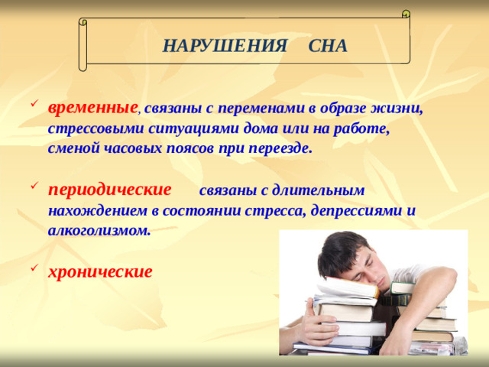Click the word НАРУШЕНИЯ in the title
click(x=225, y=45)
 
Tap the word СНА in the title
click(x=328, y=45)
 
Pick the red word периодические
click(x=109, y=189)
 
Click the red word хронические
click(x=100, y=271)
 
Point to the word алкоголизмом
click(x=99, y=229)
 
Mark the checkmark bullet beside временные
click(x=31, y=107)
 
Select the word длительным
click(x=322, y=190)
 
